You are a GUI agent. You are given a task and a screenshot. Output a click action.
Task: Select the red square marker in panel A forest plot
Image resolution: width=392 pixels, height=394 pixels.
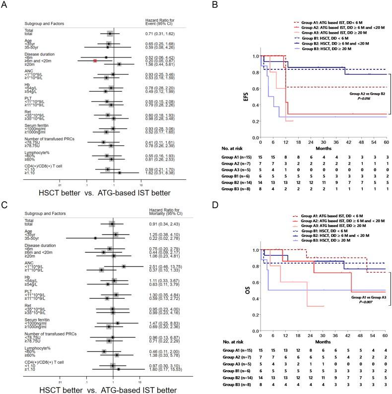point(95,60)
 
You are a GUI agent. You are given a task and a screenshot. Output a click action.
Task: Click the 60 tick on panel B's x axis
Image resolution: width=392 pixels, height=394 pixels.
point(385,142)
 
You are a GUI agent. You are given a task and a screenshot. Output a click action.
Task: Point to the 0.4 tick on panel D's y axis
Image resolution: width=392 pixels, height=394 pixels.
point(256,302)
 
